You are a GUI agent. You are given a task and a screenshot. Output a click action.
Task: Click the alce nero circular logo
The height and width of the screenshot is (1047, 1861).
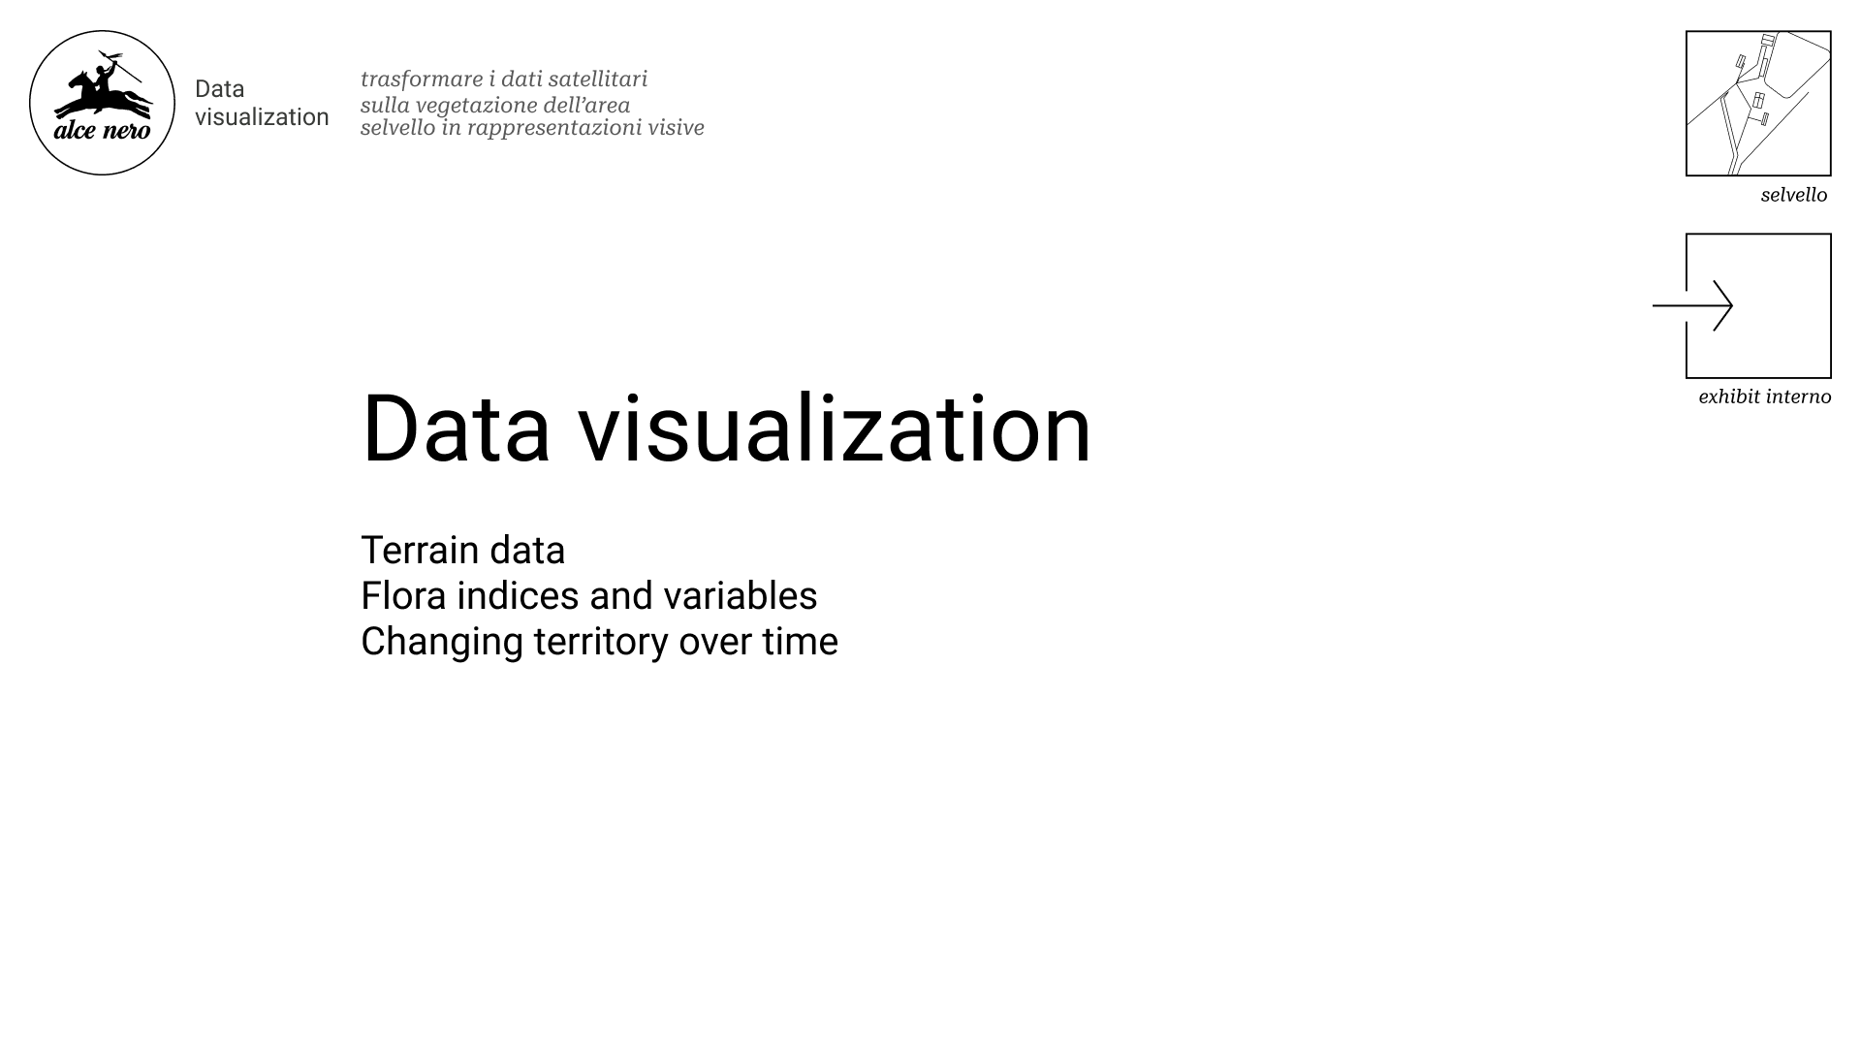pos(102,103)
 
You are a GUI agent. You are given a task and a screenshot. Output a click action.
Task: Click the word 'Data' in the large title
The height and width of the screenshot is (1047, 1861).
pos(456,428)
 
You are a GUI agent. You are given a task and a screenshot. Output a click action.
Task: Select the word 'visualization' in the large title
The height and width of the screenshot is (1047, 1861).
pos(835,428)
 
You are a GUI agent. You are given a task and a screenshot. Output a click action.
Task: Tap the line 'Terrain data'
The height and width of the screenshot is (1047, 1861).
pos(462,550)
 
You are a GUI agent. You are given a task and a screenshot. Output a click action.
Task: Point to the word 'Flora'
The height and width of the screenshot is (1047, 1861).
pos(403,595)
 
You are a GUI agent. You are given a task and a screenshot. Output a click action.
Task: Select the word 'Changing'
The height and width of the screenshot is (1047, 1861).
pos(442,643)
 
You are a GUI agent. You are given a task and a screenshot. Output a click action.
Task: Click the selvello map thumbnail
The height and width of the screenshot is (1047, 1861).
pos(1758,103)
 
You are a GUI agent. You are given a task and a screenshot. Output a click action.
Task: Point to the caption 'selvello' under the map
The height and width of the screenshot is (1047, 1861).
pos(1794,195)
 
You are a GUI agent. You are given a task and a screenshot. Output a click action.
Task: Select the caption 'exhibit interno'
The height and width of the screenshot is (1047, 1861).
pos(1765,397)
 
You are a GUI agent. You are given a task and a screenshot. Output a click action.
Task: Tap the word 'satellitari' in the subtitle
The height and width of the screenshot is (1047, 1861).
pos(598,79)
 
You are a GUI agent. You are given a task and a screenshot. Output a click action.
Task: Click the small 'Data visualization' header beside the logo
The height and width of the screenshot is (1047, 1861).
pos(262,103)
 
